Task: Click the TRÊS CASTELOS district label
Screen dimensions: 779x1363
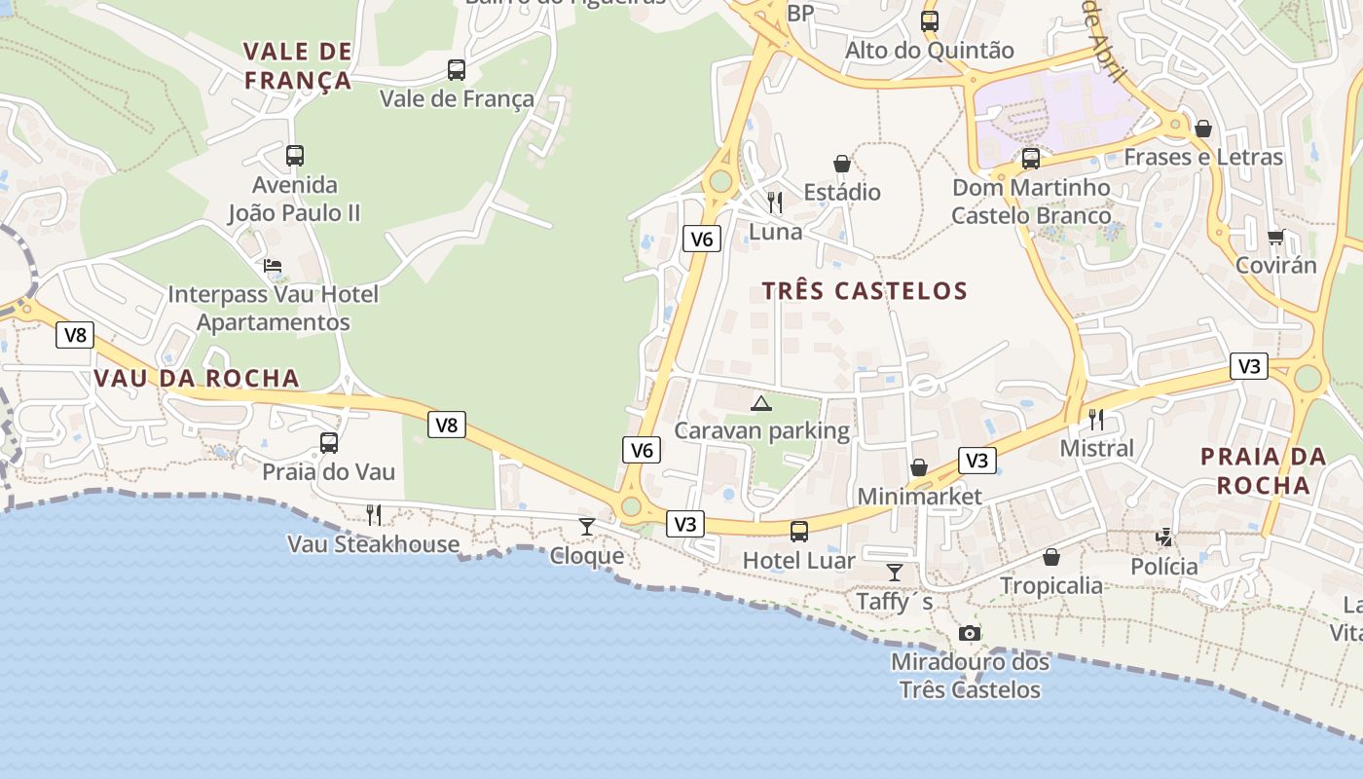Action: click(x=865, y=290)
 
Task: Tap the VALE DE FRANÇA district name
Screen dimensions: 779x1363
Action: click(x=297, y=65)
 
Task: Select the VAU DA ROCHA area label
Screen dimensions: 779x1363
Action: click(x=197, y=379)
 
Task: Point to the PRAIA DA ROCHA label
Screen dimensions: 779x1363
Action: click(x=1263, y=470)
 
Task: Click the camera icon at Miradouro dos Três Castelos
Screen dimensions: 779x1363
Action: click(x=969, y=634)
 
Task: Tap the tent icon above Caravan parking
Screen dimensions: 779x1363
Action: click(x=761, y=403)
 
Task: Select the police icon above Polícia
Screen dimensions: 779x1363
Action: click(x=1164, y=537)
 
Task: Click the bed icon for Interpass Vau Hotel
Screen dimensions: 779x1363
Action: click(x=273, y=266)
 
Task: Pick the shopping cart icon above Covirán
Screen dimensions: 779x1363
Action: click(x=1275, y=237)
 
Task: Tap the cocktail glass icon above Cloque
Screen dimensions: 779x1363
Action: click(x=587, y=527)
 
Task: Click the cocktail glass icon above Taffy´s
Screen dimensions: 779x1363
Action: click(x=895, y=573)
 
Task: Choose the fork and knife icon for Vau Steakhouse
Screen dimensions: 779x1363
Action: click(x=373, y=515)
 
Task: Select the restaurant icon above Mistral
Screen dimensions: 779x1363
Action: click(x=1096, y=420)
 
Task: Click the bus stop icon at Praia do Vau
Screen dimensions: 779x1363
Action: click(x=329, y=443)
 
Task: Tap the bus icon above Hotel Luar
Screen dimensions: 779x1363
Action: click(x=798, y=531)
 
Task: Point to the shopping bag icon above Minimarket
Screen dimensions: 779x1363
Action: click(x=919, y=468)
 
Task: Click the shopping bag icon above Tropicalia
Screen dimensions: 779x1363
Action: click(x=1051, y=557)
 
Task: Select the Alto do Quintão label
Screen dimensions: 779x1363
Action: click(x=929, y=51)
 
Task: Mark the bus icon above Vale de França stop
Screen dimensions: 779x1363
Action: click(x=456, y=70)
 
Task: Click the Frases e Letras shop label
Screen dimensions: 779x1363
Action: click(x=1203, y=157)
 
